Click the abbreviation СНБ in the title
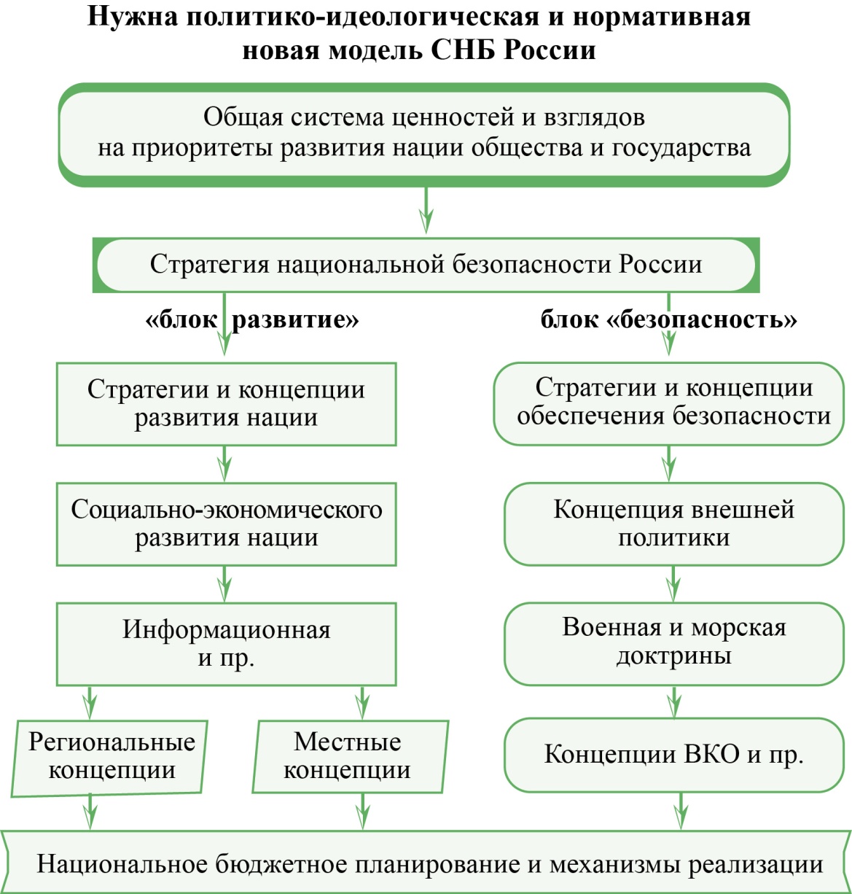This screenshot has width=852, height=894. click(x=464, y=50)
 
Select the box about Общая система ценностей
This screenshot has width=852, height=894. click(x=423, y=135)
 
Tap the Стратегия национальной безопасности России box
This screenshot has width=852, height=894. click(x=426, y=265)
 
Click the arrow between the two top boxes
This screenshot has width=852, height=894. click(x=426, y=210)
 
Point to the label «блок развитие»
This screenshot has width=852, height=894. click(x=252, y=319)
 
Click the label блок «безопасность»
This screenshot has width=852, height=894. click(x=668, y=319)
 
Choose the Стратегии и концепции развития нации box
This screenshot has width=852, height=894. click(x=227, y=404)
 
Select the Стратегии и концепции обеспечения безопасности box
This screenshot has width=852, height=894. click(x=669, y=403)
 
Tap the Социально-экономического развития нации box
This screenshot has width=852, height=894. click(x=227, y=524)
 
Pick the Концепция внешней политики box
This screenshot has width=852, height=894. click(x=673, y=524)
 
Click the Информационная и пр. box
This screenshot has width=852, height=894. click(x=227, y=644)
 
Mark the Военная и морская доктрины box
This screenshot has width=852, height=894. click(x=673, y=643)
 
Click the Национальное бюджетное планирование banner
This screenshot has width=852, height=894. click(x=426, y=862)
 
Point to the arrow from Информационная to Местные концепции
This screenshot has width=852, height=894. click(x=362, y=702)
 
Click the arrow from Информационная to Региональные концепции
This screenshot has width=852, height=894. click(x=90, y=702)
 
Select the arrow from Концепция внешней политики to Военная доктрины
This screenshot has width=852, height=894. click(x=673, y=584)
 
